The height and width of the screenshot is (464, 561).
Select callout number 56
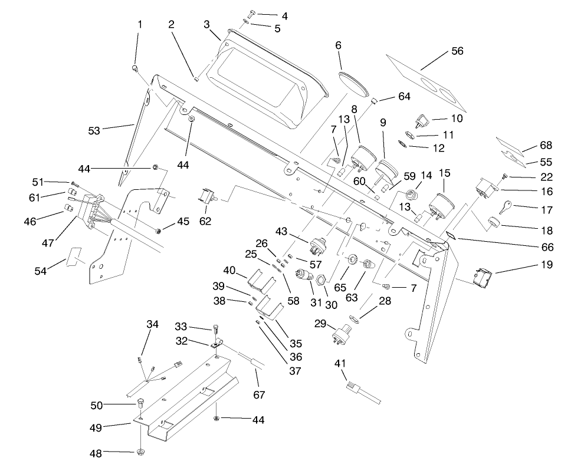tap(457, 51)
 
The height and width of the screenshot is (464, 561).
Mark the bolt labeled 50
tap(141, 404)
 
